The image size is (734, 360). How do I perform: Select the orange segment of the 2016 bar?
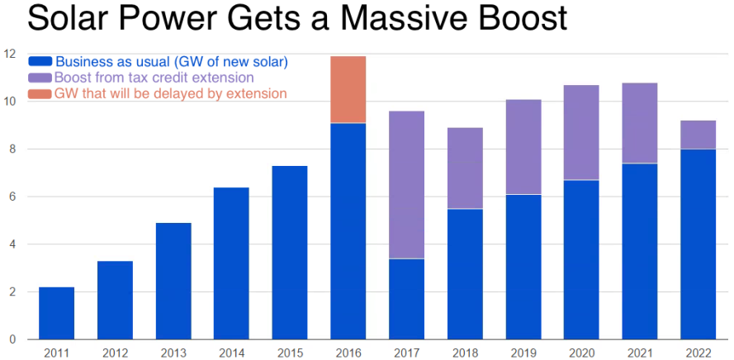click(348, 89)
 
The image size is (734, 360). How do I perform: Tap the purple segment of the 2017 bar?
click(406, 185)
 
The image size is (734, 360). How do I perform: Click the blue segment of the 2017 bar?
click(406, 299)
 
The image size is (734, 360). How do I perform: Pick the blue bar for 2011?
click(56, 313)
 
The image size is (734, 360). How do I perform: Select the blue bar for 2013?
click(173, 281)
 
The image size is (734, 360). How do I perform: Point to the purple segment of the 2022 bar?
click(698, 135)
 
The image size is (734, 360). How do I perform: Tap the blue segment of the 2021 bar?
click(640, 251)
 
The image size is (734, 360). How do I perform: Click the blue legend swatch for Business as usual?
click(40, 61)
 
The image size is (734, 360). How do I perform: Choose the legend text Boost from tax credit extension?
click(154, 78)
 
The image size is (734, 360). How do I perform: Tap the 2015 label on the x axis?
click(290, 353)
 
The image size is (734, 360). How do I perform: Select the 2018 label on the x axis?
click(465, 353)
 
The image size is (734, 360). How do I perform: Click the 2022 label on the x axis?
click(698, 353)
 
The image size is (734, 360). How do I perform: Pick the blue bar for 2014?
click(231, 263)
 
